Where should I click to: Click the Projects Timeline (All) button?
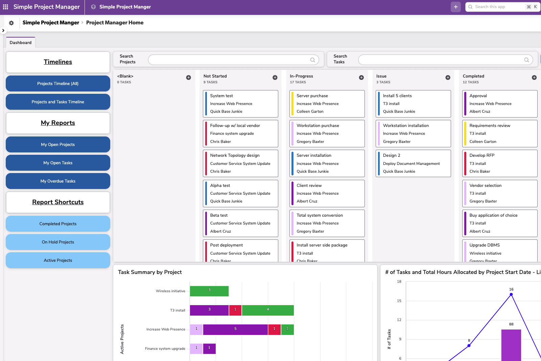coord(58,84)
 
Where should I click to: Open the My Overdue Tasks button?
coord(58,181)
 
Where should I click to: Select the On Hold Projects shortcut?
coord(58,242)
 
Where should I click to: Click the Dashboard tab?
coord(21,43)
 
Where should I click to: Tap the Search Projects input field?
coord(230,60)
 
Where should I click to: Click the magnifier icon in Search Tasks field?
coord(526,60)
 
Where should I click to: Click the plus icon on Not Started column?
coord(275,78)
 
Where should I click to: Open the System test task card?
coord(240,104)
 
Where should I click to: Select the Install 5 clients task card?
coord(413,104)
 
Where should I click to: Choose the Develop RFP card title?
coord(482,155)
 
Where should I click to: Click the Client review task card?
coord(327,193)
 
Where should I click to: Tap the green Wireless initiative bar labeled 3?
coord(209,291)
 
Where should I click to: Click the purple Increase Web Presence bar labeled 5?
coord(235,330)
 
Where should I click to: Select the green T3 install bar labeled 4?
coord(268,310)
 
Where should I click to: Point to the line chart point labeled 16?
coord(511,295)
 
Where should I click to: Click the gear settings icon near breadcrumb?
coord(11,23)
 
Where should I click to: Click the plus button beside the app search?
coord(455,7)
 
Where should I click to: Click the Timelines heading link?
coord(58,62)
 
